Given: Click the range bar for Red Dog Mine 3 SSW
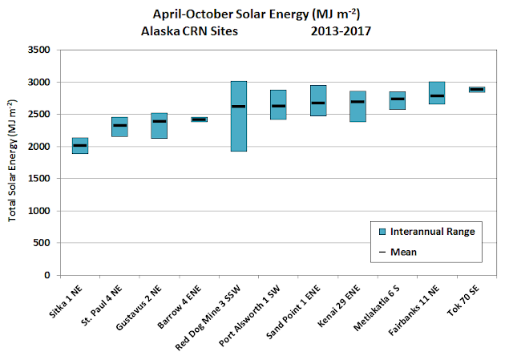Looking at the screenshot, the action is click(239, 116).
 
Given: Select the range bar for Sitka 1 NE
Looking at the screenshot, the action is click(80, 146).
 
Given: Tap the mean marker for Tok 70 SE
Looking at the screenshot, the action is click(477, 89).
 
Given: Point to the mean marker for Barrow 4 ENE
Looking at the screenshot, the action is click(200, 119).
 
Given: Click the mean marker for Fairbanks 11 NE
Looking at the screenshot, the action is click(437, 96).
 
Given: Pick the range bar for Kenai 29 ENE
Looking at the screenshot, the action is click(357, 107).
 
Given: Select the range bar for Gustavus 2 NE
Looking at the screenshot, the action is click(160, 126).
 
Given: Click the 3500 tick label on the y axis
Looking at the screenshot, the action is click(39, 50).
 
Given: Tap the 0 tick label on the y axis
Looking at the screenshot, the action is click(47, 275).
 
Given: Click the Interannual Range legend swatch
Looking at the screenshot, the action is click(382, 232).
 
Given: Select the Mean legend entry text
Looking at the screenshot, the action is click(403, 252).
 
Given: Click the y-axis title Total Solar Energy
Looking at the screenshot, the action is click(12, 160).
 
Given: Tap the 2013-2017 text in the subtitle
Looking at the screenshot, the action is click(341, 31).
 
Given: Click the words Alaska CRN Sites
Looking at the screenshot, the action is click(189, 31).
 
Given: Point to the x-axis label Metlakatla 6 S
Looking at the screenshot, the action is click(377, 307).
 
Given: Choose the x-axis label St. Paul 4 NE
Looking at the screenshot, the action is click(102, 305).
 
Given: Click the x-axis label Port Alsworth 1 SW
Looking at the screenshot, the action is click(249, 315).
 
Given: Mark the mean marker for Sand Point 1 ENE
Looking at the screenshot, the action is click(318, 103).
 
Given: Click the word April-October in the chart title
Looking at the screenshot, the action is click(193, 14).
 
